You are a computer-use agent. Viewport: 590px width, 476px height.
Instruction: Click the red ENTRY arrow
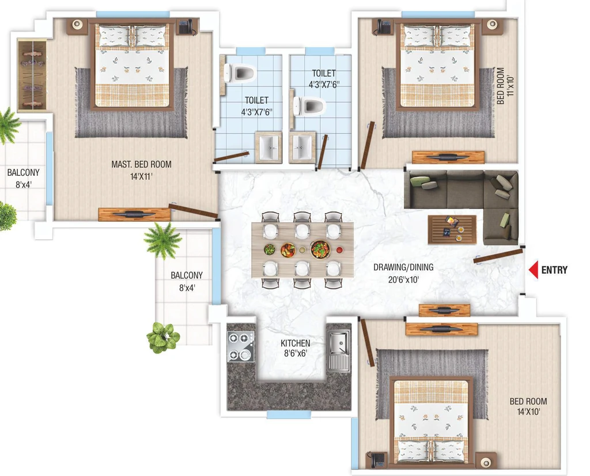click(534, 270)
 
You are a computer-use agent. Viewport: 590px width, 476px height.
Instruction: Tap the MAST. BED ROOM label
click(142, 164)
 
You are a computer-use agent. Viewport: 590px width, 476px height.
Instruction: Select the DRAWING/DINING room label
click(403, 267)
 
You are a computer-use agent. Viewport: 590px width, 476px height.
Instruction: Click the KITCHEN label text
click(296, 343)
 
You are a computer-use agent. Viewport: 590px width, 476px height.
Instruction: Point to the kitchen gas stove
click(241, 346)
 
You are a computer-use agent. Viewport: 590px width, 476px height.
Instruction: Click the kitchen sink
click(338, 350)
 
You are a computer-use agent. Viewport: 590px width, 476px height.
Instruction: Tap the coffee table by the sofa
click(452, 229)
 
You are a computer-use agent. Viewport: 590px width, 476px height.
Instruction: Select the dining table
click(302, 250)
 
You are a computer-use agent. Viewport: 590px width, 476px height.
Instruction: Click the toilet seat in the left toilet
click(239, 73)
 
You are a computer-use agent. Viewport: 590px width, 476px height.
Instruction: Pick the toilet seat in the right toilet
click(309, 105)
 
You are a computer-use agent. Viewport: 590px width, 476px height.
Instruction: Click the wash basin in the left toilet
click(268, 147)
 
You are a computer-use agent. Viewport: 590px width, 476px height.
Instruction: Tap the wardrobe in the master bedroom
click(32, 75)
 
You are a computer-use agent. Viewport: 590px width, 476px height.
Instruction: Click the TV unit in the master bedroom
click(134, 214)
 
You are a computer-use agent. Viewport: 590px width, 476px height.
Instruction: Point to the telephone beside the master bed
click(186, 27)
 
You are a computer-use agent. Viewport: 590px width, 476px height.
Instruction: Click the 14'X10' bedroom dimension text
click(528, 411)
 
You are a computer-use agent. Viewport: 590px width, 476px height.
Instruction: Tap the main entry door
click(498, 255)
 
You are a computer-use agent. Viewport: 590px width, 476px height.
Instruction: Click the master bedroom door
click(194, 211)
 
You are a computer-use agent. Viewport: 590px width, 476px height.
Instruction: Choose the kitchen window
click(289, 415)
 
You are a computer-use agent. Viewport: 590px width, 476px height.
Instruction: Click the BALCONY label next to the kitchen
click(187, 275)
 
